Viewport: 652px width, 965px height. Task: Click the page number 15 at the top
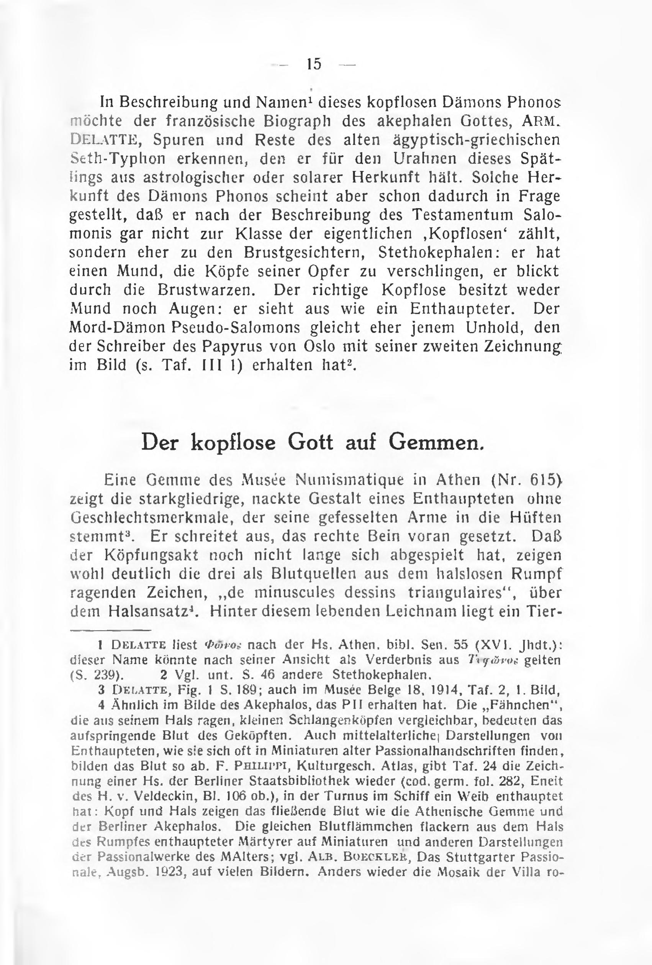pos(314,64)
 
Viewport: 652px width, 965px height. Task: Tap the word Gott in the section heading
pos(310,443)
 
